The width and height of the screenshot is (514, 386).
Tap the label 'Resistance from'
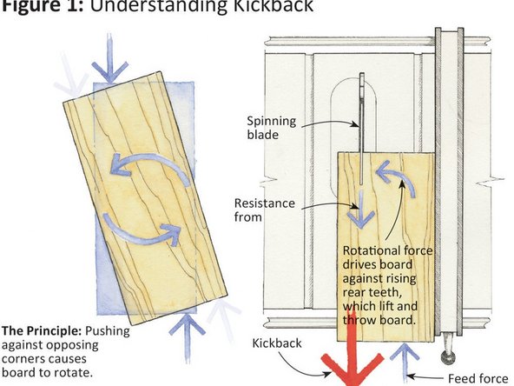264,210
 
